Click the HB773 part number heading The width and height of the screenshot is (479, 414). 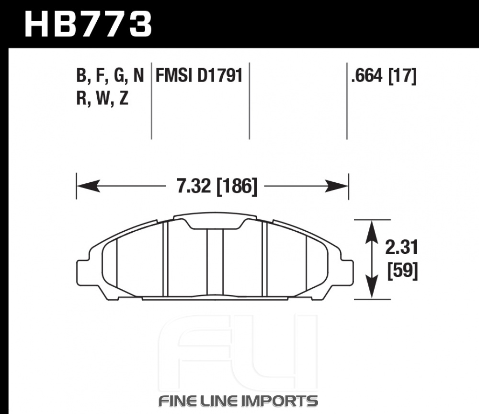88,24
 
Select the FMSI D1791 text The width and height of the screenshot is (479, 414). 199,75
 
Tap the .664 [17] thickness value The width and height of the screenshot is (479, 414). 384,76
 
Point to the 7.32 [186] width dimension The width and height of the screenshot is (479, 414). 217,186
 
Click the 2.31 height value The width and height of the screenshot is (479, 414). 401,248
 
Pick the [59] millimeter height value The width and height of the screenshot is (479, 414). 402,271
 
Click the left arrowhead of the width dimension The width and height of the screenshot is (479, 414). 88,186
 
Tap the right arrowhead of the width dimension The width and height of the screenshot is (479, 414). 336,186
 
